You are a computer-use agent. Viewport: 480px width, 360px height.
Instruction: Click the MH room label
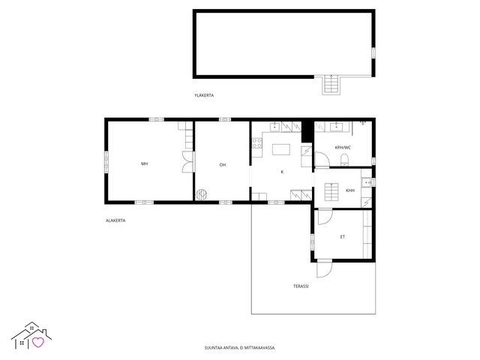click(145, 163)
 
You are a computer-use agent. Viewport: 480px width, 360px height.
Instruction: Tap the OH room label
click(223, 165)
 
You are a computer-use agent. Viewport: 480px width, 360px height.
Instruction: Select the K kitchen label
click(282, 172)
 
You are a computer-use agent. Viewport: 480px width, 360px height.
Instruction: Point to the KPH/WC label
click(343, 148)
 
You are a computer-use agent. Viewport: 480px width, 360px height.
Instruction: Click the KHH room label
click(350, 190)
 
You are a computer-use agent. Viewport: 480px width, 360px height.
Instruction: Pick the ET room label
click(343, 237)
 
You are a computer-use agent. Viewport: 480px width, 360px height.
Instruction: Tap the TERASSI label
click(301, 286)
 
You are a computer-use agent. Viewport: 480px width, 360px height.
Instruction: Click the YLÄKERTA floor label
click(204, 95)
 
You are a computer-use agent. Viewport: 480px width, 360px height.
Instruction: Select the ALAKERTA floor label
click(115, 220)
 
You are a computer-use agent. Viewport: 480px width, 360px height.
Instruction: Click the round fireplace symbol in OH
click(202, 194)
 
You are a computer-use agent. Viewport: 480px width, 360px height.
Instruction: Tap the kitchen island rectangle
click(281, 149)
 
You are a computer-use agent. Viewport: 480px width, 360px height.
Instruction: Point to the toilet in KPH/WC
click(345, 160)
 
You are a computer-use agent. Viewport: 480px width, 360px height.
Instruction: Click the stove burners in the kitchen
click(256, 143)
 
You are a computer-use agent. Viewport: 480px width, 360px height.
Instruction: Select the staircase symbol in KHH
click(331, 192)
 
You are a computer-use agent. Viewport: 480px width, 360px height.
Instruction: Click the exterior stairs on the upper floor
click(331, 84)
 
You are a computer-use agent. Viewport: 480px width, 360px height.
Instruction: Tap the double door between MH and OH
click(188, 162)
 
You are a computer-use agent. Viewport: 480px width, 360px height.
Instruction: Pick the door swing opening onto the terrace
click(325, 268)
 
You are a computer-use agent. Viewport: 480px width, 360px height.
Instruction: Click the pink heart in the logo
click(38, 342)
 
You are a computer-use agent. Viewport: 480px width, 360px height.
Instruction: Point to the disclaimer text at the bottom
click(240, 348)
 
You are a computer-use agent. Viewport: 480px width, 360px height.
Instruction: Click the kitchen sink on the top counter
click(275, 126)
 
